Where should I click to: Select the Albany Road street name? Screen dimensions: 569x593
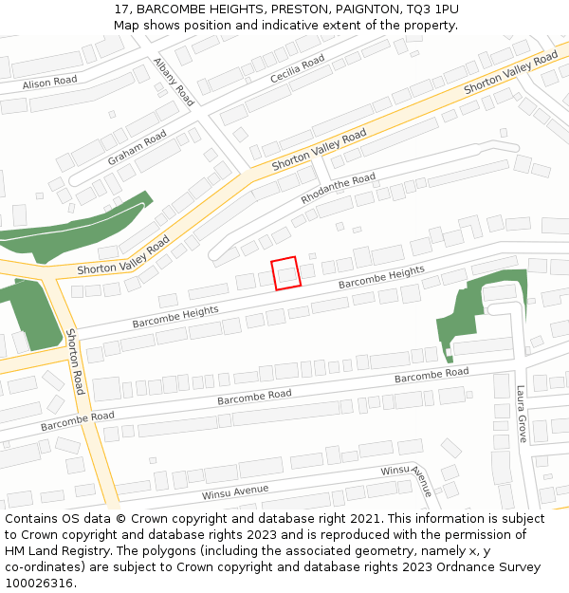174,81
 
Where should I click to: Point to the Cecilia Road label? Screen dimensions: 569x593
297,67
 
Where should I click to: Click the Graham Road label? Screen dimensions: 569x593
137,148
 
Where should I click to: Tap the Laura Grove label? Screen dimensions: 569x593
522,414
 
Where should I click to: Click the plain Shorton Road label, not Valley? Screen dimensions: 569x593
77,361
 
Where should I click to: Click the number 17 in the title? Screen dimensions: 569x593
120,9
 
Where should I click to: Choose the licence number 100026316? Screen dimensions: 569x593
39,584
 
